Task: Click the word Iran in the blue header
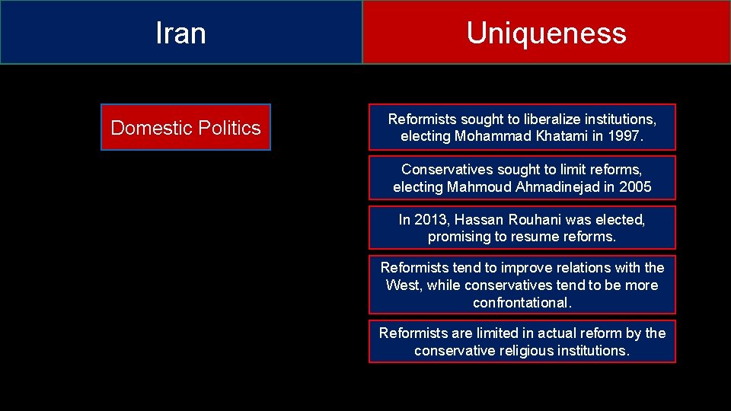coord(180,33)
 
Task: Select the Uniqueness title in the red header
coord(546,33)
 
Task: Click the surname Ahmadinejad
coord(570,187)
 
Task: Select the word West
coord(403,285)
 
